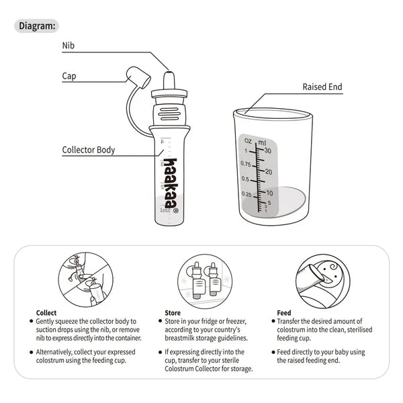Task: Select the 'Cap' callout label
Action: [69, 76]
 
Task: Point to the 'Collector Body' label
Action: [89, 150]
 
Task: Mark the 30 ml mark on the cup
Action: [268, 150]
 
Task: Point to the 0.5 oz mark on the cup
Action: [247, 179]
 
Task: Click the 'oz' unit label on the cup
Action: [248, 141]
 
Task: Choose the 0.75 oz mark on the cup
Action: [246, 165]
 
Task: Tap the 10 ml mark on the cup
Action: [268, 192]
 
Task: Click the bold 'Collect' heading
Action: [46, 313]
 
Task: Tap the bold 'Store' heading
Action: [173, 313]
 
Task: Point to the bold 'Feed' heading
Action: [283, 313]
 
